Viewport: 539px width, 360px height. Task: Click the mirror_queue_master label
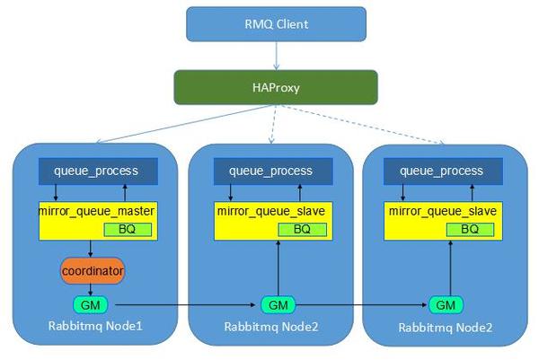98,211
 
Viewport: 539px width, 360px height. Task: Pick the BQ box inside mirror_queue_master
127,230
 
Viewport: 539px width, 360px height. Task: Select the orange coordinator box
93,269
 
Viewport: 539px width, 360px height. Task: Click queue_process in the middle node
270,171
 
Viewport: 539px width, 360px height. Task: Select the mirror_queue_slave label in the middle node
270,211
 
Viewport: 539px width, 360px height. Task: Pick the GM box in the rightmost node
446,303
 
